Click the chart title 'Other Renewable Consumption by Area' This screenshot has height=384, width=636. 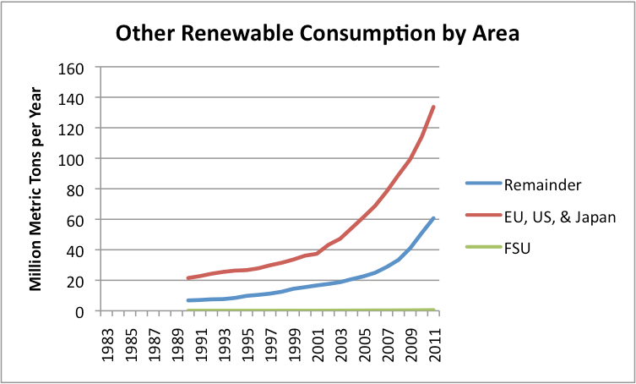click(x=317, y=33)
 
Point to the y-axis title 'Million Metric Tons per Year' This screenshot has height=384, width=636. click(x=36, y=189)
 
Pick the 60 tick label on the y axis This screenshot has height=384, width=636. click(x=74, y=220)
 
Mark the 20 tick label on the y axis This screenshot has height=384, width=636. click(x=74, y=281)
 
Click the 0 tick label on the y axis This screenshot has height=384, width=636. click(x=79, y=311)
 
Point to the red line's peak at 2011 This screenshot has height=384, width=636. click(x=433, y=107)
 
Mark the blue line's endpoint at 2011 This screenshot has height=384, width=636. click(x=433, y=217)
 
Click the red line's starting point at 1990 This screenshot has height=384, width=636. click(x=188, y=278)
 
